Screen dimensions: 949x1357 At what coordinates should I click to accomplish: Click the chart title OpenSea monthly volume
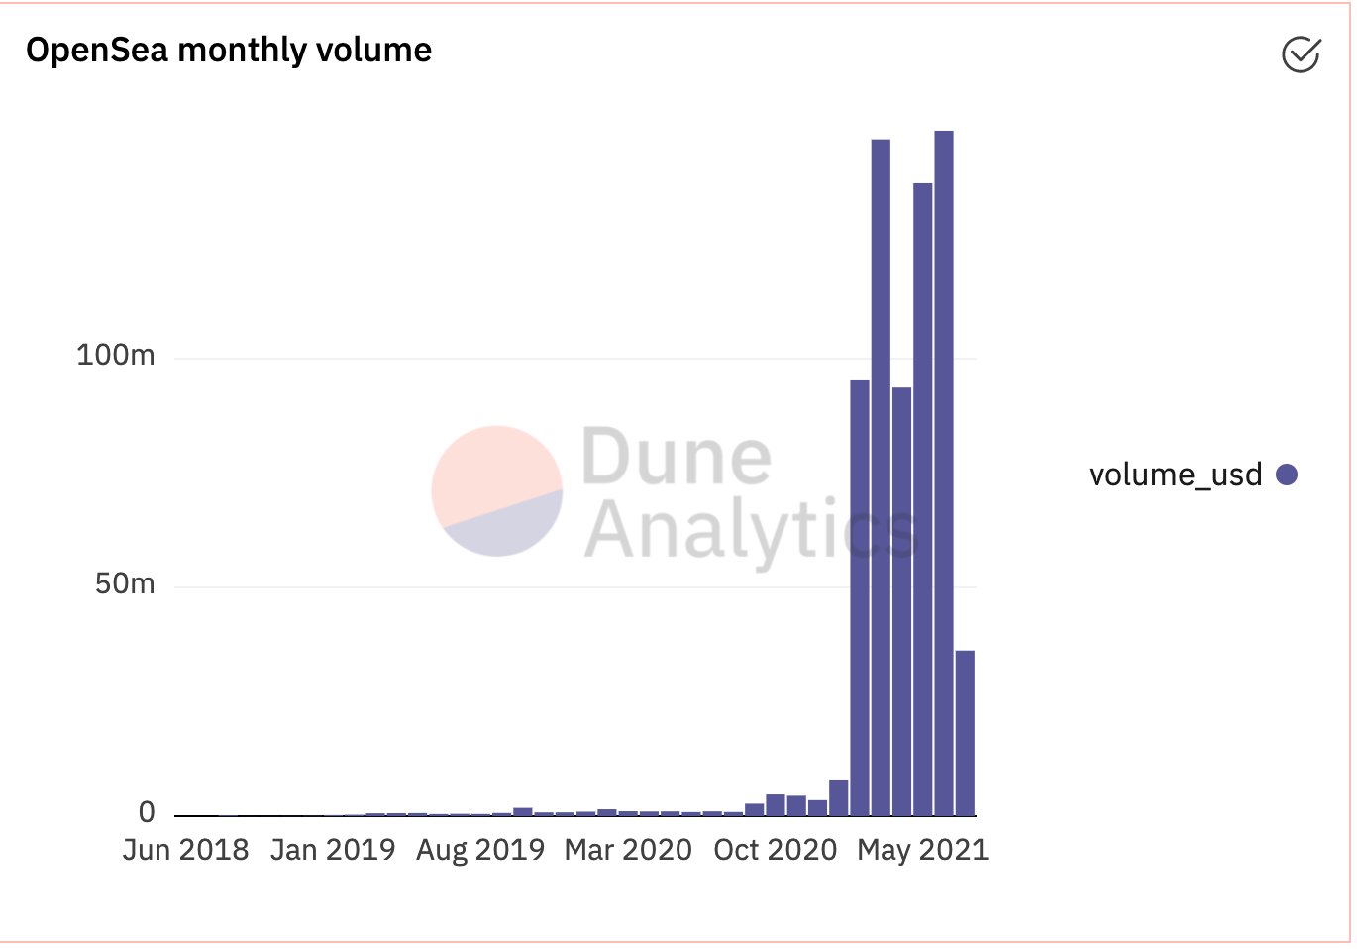pos(229,50)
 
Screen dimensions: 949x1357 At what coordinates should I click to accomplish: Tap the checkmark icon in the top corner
pos(1301,54)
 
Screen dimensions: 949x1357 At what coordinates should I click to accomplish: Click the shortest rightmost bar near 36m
pos(965,733)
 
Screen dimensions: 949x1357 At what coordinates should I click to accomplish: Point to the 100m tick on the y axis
pos(116,355)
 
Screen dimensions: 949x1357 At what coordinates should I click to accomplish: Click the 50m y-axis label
pos(125,584)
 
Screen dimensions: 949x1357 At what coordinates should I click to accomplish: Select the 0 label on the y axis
pos(147,813)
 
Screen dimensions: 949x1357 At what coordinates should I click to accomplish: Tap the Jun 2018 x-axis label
pos(185,850)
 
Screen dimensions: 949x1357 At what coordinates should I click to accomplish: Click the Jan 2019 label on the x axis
pos(332,850)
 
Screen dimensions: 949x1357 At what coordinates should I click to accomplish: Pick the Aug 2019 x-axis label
pos(480,850)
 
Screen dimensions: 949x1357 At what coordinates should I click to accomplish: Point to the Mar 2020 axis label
pos(628,850)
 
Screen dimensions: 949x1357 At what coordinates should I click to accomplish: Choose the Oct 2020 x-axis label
pos(775,850)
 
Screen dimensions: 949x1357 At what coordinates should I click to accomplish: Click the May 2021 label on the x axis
pos(922,850)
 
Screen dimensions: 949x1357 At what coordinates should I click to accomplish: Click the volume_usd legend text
pos(1175,475)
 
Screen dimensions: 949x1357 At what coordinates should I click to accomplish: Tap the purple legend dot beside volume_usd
pos(1287,475)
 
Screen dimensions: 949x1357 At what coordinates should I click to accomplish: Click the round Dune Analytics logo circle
pos(497,491)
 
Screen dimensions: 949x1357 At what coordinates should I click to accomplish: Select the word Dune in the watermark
pos(676,457)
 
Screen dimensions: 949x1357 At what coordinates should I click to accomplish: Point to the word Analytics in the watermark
pos(751,530)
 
